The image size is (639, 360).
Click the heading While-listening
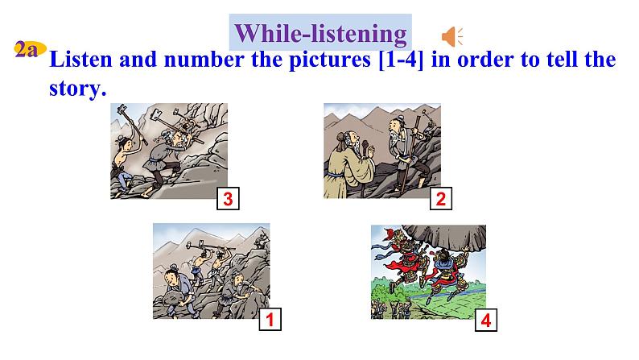[321, 33]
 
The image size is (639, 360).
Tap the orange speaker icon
[451, 36]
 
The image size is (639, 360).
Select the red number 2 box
[439, 200]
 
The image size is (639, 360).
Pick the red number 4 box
[484, 321]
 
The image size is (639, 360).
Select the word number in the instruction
[203, 61]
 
